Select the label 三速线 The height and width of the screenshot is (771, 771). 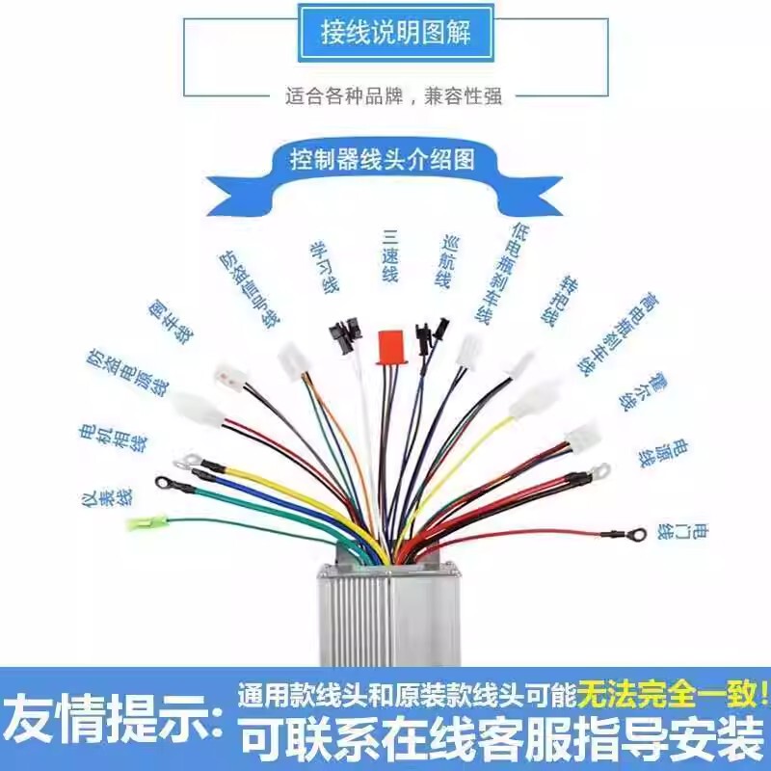389,255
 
